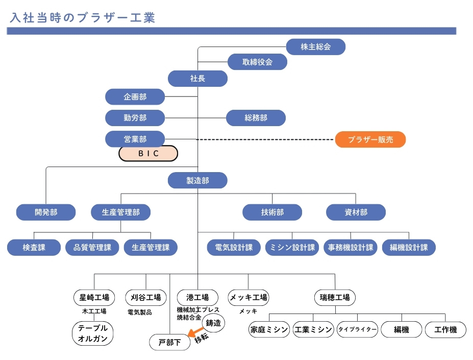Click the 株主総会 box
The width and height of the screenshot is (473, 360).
(316, 47)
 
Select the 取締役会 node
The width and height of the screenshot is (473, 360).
(257, 62)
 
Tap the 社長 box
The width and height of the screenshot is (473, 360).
(197, 79)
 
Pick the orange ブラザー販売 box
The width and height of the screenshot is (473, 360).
(370, 139)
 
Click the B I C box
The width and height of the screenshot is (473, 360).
(148, 153)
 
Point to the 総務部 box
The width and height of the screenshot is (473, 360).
(256, 118)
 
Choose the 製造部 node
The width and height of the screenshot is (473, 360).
(197, 180)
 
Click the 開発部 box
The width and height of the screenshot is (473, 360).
(46, 212)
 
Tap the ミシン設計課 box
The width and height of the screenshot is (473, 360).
(292, 248)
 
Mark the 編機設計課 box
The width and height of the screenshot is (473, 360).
(409, 248)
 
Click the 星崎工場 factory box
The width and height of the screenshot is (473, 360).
(94, 297)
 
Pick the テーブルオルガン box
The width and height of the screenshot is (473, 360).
(92, 333)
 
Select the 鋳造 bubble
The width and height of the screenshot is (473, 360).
(213, 323)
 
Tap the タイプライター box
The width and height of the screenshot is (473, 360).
(357, 330)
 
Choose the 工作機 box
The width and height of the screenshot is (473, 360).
(446, 330)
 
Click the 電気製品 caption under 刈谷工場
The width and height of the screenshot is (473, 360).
(140, 312)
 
